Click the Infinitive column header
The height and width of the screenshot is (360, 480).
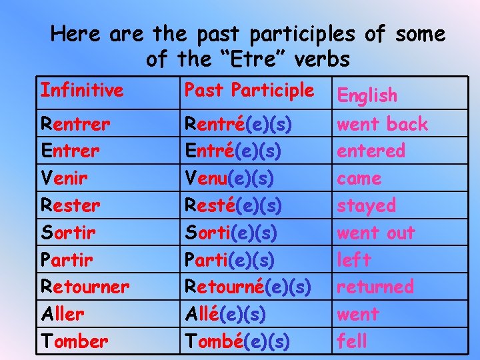pyautogui.click(x=82, y=90)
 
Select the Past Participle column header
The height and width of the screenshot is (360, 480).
pyautogui.click(x=249, y=89)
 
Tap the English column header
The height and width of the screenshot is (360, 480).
pyautogui.click(x=367, y=95)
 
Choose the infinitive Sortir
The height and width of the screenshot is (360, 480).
pyautogui.click(x=67, y=233)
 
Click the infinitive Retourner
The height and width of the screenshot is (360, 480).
pyautogui.click(x=85, y=287)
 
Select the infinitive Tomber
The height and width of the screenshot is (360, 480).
pyautogui.click(x=74, y=341)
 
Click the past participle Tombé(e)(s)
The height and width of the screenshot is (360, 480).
pyautogui.click(x=237, y=341)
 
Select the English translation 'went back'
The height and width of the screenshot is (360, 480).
pyautogui.click(x=383, y=124)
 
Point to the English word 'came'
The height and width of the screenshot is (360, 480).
pyautogui.click(x=359, y=179)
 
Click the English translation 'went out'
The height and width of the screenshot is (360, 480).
pyautogui.click(x=376, y=233)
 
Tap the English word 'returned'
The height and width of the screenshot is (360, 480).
pyautogui.click(x=375, y=287)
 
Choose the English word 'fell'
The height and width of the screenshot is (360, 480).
pyautogui.click(x=352, y=341)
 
